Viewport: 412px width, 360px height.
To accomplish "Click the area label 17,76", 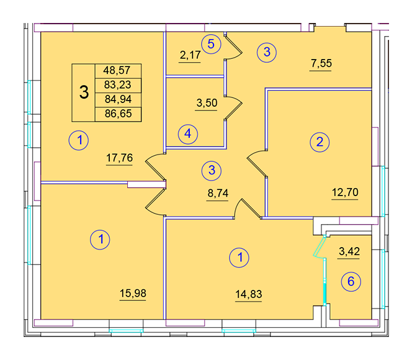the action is [x=120, y=158].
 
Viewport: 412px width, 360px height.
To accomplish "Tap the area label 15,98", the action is [x=133, y=293].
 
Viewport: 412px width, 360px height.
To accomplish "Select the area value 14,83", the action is [x=249, y=294].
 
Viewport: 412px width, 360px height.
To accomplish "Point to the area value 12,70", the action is [x=345, y=192].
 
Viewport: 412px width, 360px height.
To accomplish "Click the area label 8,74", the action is [x=218, y=194].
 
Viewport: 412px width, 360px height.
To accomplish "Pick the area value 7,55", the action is [x=321, y=63].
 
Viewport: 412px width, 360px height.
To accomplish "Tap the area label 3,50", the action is [x=207, y=103].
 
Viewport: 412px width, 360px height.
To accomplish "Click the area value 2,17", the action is [x=190, y=55].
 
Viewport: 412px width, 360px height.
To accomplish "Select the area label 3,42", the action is [x=349, y=251].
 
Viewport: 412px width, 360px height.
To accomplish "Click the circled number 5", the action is [x=211, y=44].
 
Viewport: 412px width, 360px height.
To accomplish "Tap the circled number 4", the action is [x=188, y=134].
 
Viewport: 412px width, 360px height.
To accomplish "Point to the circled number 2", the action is [x=320, y=142].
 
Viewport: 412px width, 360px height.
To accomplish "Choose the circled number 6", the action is [x=351, y=282].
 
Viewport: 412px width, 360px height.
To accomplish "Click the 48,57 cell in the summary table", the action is [x=118, y=71].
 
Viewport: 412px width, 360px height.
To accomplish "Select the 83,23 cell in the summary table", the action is [x=118, y=86].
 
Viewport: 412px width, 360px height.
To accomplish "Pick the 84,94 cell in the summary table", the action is [x=118, y=100].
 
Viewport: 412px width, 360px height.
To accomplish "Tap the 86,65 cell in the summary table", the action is [x=118, y=114].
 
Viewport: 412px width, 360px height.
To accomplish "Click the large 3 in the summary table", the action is [x=84, y=92].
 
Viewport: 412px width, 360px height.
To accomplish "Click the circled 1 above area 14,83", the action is [x=240, y=258].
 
